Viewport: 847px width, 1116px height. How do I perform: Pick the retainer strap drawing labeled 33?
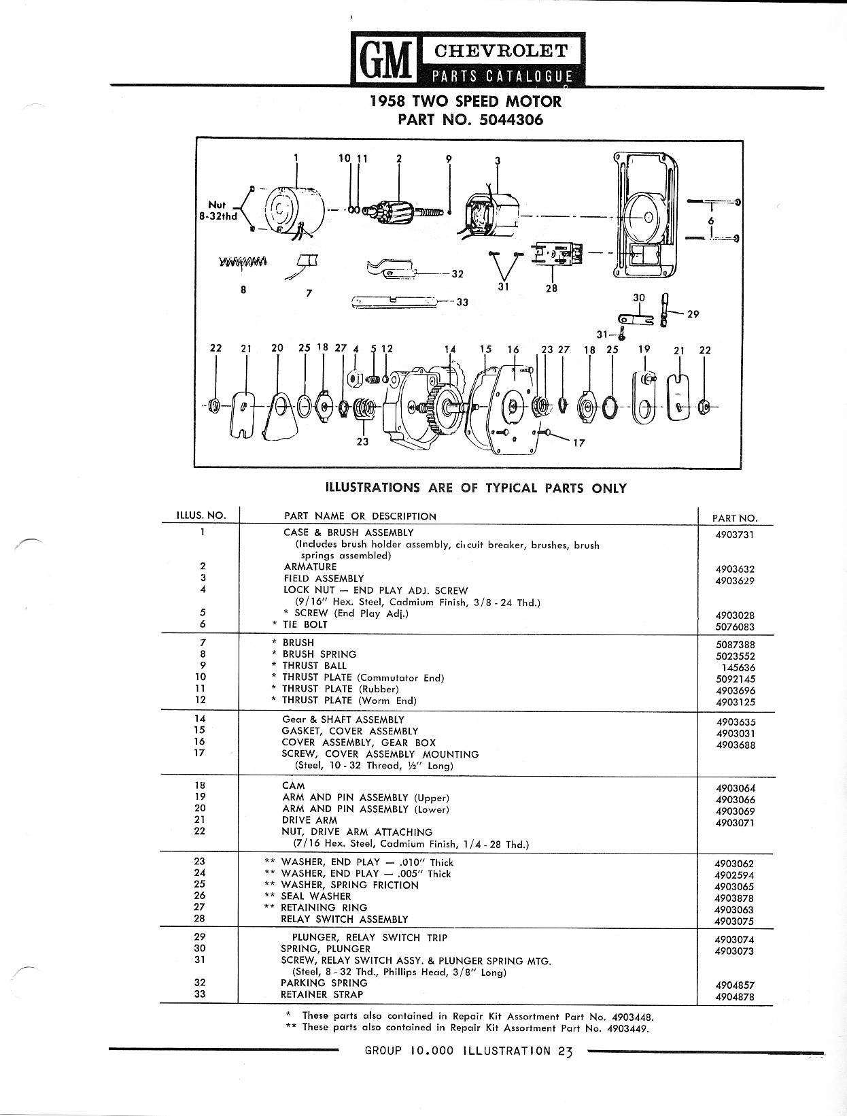pyautogui.click(x=394, y=301)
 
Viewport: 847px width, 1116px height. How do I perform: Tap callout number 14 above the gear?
pyautogui.click(x=450, y=350)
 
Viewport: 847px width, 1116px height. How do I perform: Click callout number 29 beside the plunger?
pyautogui.click(x=693, y=314)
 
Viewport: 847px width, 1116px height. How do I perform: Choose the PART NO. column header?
pyautogui.click(x=734, y=518)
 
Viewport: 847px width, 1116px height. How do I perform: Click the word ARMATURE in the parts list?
pyautogui.click(x=310, y=567)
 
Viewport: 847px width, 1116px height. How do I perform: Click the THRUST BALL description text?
pyautogui.click(x=314, y=666)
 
